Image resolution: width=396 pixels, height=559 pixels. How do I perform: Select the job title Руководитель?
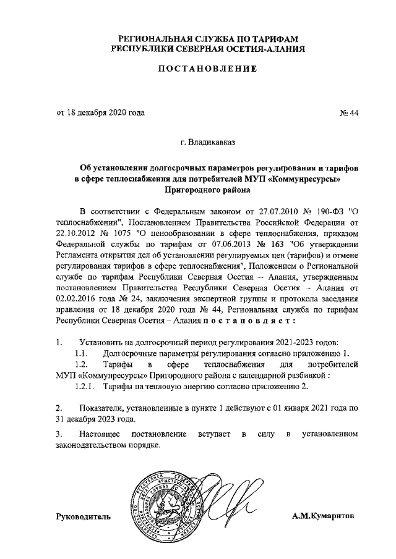pos(84,516)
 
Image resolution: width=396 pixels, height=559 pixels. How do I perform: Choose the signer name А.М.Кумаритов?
pos(324,516)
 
